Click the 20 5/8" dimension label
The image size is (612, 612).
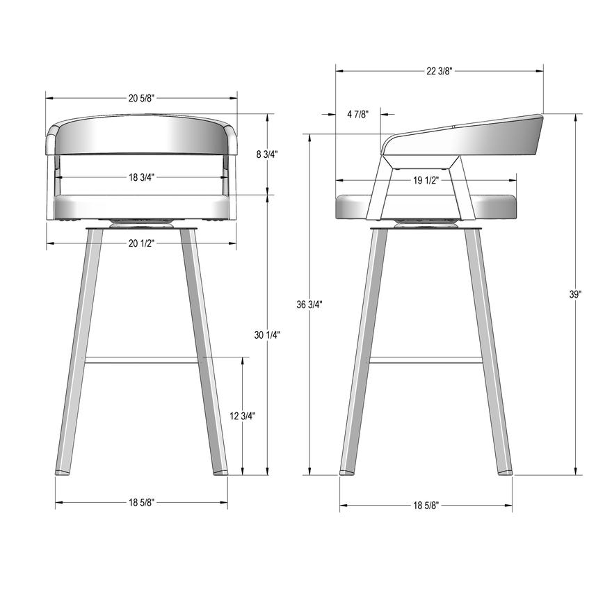pyautogui.click(x=141, y=98)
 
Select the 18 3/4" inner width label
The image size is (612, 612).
pyautogui.click(x=141, y=177)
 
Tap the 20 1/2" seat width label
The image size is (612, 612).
pyautogui.click(x=141, y=243)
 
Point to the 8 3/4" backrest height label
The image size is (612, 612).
pyautogui.click(x=266, y=154)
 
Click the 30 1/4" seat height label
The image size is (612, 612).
pyautogui.click(x=267, y=335)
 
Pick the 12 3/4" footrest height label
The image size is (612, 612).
pyautogui.click(x=242, y=416)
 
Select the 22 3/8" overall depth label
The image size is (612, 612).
pyautogui.click(x=439, y=70)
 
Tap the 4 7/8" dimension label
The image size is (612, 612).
pyautogui.click(x=357, y=114)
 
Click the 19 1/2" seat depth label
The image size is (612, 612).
pyautogui.click(x=426, y=180)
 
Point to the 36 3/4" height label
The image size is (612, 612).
pyautogui.click(x=309, y=304)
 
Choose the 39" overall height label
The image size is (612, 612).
pyautogui.click(x=575, y=294)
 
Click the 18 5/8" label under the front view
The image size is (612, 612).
pyautogui.click(x=141, y=502)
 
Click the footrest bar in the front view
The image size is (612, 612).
pyautogui.click(x=141, y=360)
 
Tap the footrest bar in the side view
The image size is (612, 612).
pyautogui.click(x=426, y=360)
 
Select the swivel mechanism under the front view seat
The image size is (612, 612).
pyautogui.click(x=141, y=223)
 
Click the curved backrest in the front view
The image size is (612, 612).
pyautogui.click(x=141, y=135)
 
